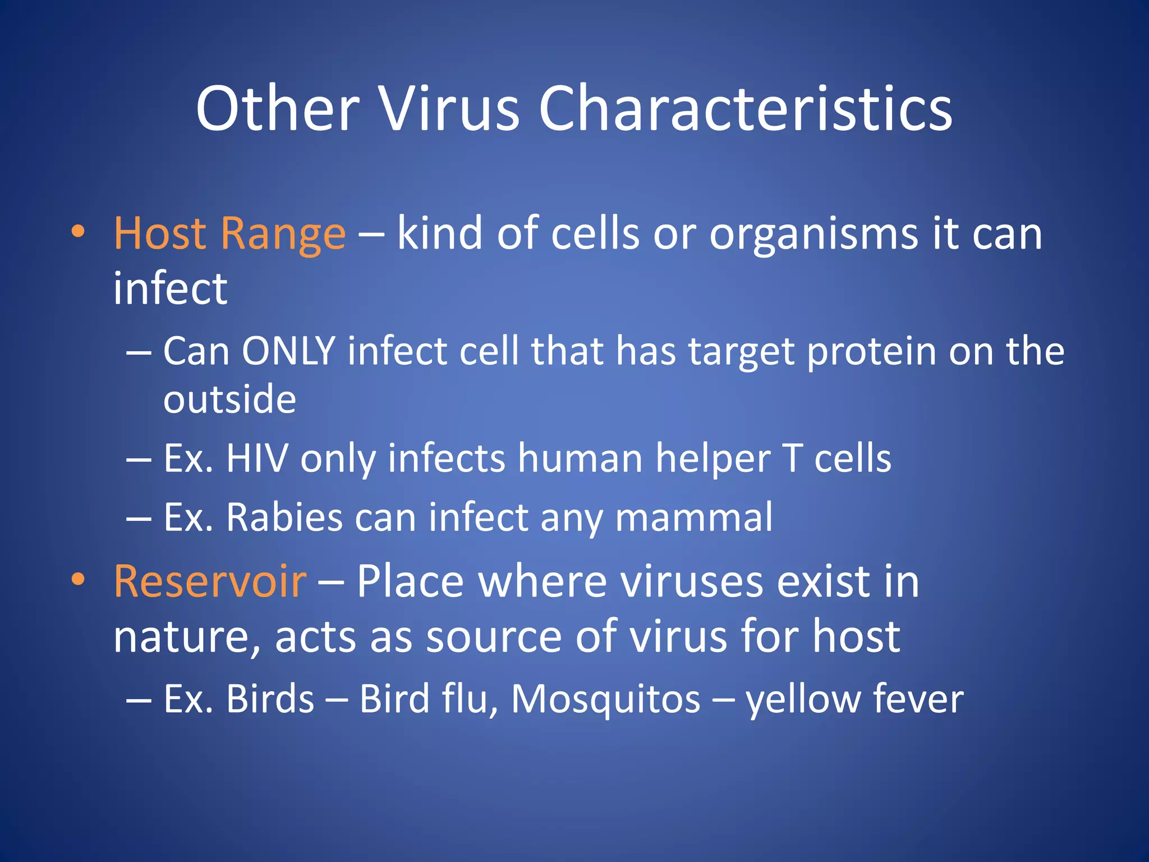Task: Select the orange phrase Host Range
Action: pyautogui.click(x=229, y=233)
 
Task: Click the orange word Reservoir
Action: pyautogui.click(x=210, y=581)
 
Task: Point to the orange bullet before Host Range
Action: pyautogui.click(x=78, y=232)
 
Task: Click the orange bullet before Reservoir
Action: pyautogui.click(x=78, y=580)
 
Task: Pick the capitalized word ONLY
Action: pyautogui.click(x=288, y=352)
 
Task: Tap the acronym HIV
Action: pyautogui.click(x=257, y=458)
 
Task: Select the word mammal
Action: pyautogui.click(x=694, y=517)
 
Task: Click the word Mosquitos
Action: pyautogui.click(x=605, y=699)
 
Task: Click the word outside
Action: pyautogui.click(x=229, y=400)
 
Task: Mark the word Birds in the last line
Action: pyautogui.click(x=270, y=699)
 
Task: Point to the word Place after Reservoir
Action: pyautogui.click(x=410, y=581)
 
